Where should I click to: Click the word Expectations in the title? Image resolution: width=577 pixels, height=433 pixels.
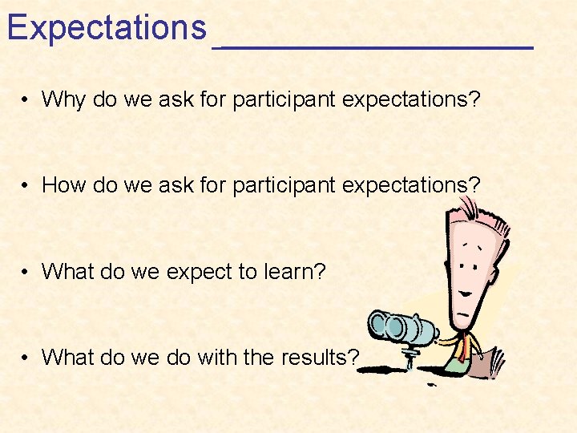[x=107, y=28]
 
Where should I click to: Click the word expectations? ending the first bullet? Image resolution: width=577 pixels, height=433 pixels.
[x=410, y=99]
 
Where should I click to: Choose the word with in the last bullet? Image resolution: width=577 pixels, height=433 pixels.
[x=214, y=357]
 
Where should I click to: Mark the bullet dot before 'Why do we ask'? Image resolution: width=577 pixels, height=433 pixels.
[x=27, y=100]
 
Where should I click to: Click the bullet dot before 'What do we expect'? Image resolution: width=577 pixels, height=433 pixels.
[x=27, y=273]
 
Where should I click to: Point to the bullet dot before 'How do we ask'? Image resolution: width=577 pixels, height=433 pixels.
[x=27, y=186]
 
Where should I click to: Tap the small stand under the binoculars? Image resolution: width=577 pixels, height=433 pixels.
[x=411, y=358]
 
